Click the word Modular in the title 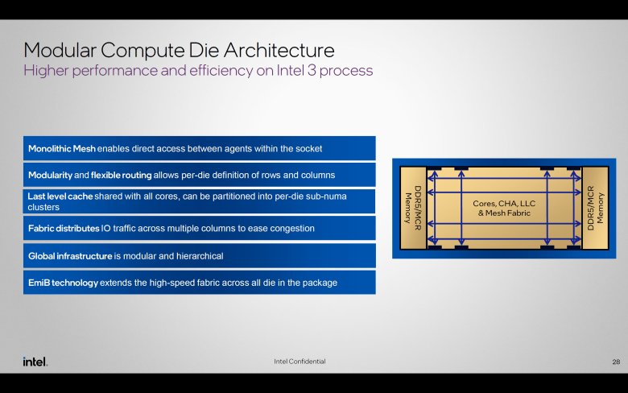(x=60, y=50)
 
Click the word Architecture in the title (x=279, y=50)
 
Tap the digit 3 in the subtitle (x=312, y=71)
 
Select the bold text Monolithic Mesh (x=62, y=149)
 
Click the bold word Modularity (x=50, y=175)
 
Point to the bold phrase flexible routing (x=122, y=175)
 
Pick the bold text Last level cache (x=60, y=196)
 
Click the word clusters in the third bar (x=43, y=207)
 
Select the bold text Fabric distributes (x=64, y=229)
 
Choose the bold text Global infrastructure (x=70, y=256)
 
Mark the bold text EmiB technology (x=63, y=283)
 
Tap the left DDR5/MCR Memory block (x=413, y=208)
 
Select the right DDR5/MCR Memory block (x=595, y=208)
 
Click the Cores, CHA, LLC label (x=504, y=204)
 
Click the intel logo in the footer (x=35, y=362)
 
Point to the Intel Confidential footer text (x=300, y=362)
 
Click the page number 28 (x=616, y=362)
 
